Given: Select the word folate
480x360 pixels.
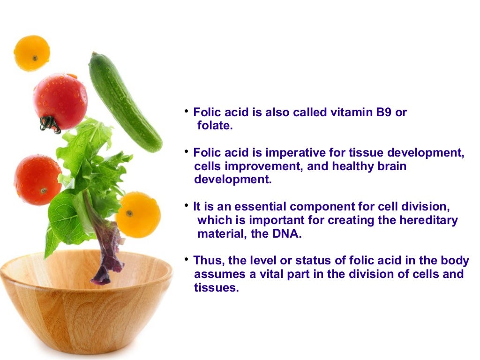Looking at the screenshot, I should pos(215,126).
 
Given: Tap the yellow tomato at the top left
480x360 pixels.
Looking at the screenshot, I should pos(32,52).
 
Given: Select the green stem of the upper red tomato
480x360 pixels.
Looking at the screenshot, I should pos(49,123).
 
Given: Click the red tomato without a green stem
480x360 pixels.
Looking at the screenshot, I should pos(37,180).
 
